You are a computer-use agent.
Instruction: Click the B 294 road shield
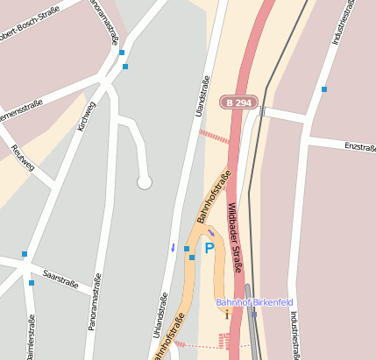(238, 102)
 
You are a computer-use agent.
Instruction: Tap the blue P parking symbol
(209, 249)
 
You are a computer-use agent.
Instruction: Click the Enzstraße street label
(359, 145)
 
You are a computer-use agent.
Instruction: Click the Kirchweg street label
(86, 116)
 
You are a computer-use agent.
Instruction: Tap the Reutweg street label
(22, 160)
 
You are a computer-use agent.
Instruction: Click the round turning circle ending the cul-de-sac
(145, 181)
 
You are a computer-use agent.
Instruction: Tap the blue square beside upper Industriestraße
(324, 89)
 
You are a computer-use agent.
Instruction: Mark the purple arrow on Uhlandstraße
(173, 247)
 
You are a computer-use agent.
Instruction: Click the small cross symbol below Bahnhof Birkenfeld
(227, 313)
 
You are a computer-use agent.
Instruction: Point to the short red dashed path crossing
(214, 137)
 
